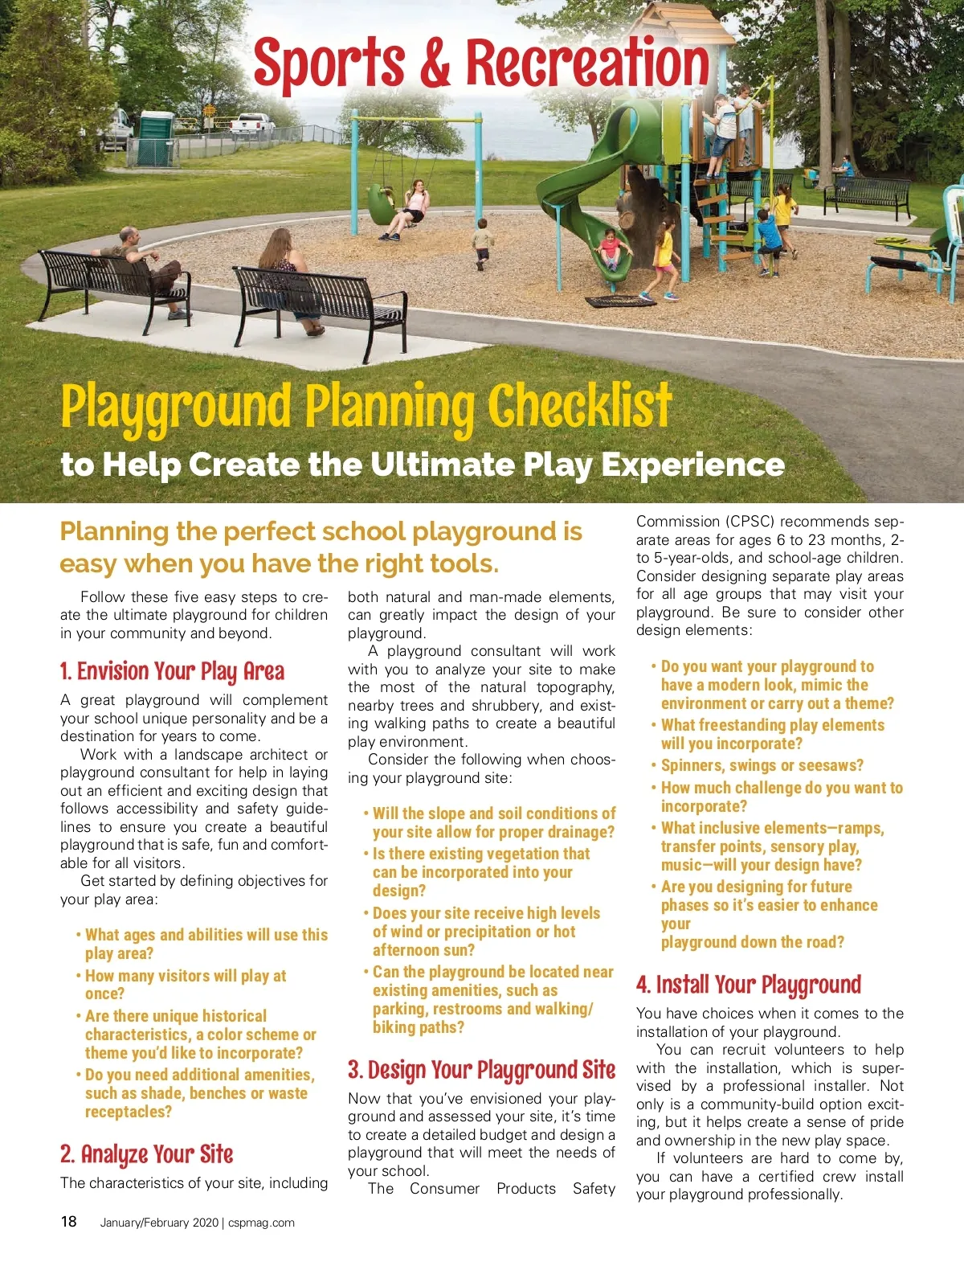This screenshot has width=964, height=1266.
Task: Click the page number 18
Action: (x=69, y=1222)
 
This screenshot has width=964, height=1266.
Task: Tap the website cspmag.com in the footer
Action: (x=261, y=1223)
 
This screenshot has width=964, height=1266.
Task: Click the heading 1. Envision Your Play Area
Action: (x=172, y=671)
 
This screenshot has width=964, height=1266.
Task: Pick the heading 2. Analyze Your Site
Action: (x=146, y=1154)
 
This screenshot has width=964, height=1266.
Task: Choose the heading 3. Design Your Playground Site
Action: (x=481, y=1070)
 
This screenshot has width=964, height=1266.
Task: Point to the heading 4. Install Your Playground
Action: (x=748, y=985)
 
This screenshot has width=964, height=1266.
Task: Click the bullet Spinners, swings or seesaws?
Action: (x=762, y=765)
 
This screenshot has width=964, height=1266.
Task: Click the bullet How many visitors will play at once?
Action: (x=185, y=985)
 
